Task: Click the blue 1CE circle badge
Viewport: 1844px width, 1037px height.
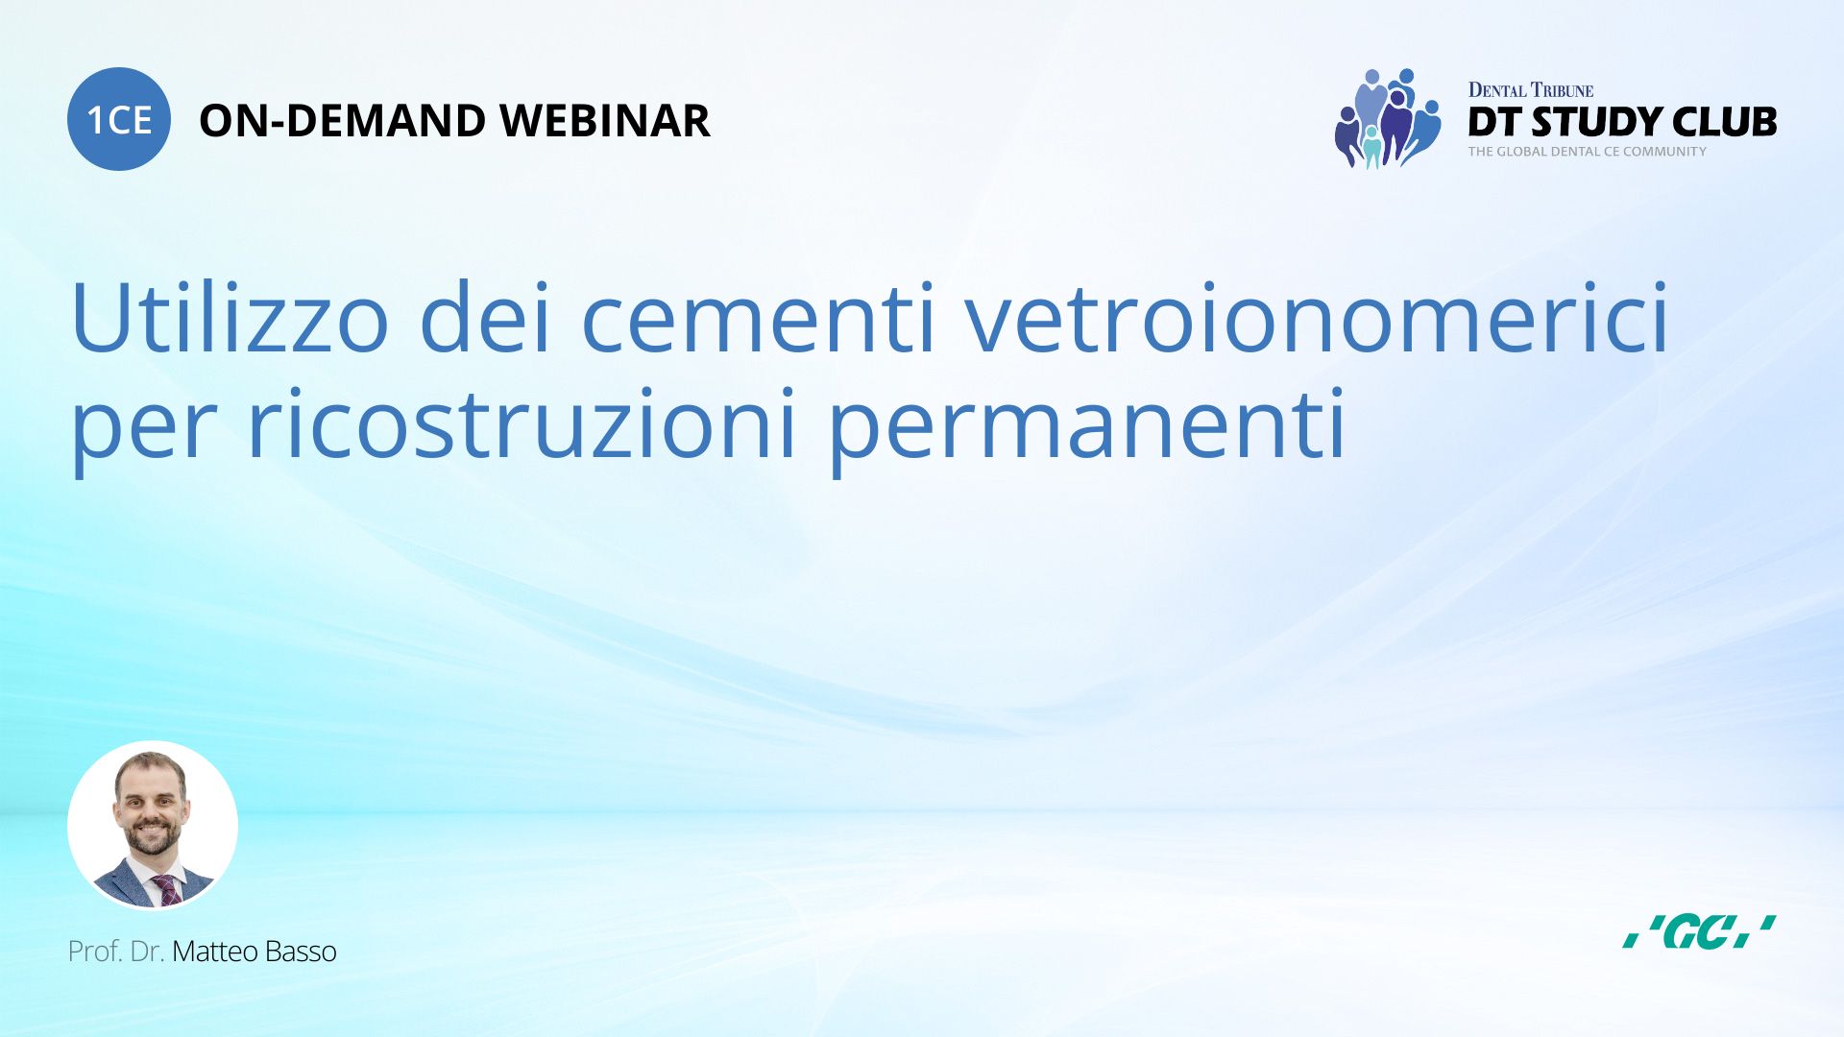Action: coord(119,119)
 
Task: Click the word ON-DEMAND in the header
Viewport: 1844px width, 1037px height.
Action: coord(343,121)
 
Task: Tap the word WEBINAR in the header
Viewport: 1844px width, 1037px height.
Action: coord(605,121)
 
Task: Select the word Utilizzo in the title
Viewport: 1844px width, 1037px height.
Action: coord(230,318)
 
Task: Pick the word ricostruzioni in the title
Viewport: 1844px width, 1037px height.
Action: coord(522,423)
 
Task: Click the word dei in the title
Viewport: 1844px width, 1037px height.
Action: coord(485,318)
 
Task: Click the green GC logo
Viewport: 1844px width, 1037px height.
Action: coord(1699,931)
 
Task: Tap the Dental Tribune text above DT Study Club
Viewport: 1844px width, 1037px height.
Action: coord(1531,90)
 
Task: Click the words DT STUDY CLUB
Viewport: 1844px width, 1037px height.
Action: coord(1622,122)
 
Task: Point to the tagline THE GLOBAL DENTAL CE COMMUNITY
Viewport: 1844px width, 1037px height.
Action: coord(1587,152)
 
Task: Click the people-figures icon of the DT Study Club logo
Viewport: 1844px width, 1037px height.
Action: coord(1388,118)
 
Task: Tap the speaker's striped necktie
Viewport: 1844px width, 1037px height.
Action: coord(167,889)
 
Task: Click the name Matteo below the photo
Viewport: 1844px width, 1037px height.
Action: coord(214,952)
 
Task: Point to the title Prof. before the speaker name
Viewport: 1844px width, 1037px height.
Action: coord(95,952)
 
